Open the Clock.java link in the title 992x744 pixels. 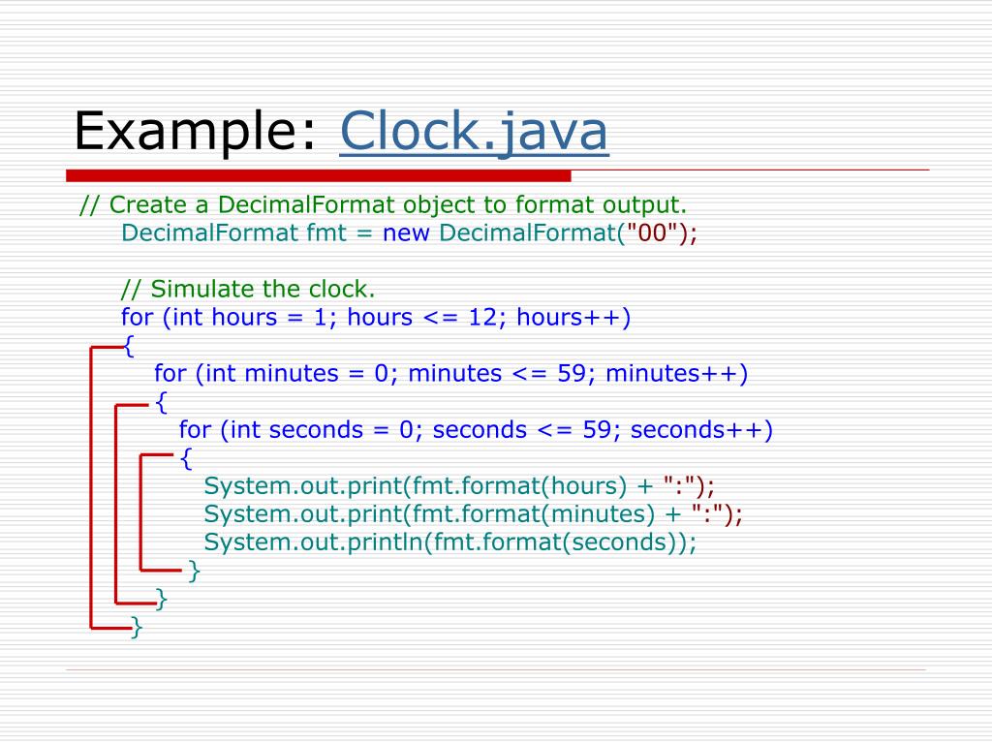pyautogui.click(x=474, y=134)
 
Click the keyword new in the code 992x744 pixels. pyautogui.click(x=407, y=233)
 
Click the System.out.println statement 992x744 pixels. pyautogui.click(x=450, y=542)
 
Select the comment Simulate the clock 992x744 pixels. pyautogui.click(x=247, y=290)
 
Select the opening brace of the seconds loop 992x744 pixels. pyautogui.click(x=186, y=458)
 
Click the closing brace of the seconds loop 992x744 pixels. pyautogui.click(x=194, y=571)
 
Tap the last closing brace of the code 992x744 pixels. pyautogui.click(x=137, y=628)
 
